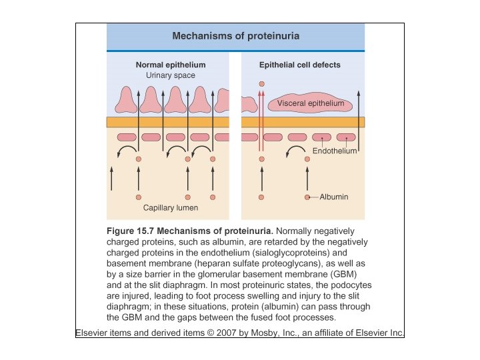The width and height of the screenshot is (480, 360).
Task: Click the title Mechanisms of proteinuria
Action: tap(235, 36)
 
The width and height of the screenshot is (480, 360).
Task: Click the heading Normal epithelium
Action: tap(170, 65)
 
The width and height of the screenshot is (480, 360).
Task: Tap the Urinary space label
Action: tap(171, 76)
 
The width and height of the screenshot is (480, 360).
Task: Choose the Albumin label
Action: tap(333, 197)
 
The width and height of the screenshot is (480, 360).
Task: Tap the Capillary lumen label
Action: tap(171, 208)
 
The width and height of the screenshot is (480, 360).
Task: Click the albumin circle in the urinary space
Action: tap(261, 83)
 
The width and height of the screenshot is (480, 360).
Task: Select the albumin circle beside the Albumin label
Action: tap(308, 197)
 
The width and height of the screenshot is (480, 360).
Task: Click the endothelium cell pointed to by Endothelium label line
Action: tap(322, 137)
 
